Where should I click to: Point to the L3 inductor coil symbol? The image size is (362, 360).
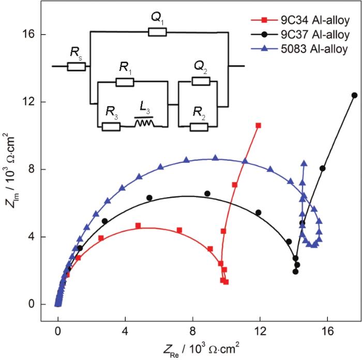pyautogui.click(x=144, y=124)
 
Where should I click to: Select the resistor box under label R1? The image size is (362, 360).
pyautogui.click(x=125, y=82)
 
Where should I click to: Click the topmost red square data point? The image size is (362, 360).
pyautogui.click(x=258, y=125)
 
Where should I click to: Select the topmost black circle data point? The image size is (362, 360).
pyautogui.click(x=354, y=95)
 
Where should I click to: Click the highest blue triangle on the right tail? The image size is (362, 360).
pyautogui.click(x=304, y=164)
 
